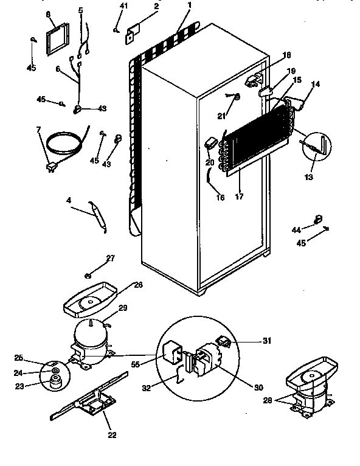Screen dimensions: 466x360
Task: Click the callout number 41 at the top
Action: click(x=124, y=5)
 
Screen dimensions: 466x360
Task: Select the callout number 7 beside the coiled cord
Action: click(x=38, y=130)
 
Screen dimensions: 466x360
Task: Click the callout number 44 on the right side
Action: click(x=296, y=229)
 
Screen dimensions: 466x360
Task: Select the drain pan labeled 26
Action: click(x=91, y=302)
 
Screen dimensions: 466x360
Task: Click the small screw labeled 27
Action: click(x=89, y=274)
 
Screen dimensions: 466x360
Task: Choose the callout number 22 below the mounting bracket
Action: click(x=112, y=434)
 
